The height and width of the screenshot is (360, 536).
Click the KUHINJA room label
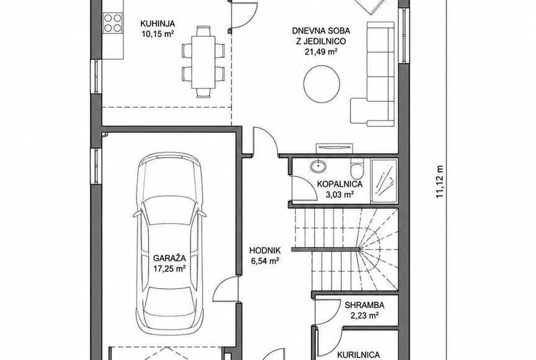tap(158, 24)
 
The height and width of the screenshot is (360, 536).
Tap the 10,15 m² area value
tap(158, 34)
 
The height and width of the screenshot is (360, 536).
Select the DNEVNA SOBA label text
tap(321, 31)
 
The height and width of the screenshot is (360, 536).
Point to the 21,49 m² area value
tap(321, 52)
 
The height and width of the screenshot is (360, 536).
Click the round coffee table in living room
tap(322, 83)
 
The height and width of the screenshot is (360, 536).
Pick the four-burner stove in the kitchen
tap(113, 22)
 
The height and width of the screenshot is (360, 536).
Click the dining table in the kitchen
tap(203, 62)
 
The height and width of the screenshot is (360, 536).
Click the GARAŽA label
tap(169, 258)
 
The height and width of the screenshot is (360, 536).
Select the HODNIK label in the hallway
tap(265, 250)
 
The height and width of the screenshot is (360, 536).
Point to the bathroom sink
tap(318, 166)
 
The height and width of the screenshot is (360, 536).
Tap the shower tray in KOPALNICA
tap(384, 181)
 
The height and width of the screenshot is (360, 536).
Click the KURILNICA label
tap(359, 355)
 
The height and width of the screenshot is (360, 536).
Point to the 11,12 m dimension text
tap(440, 182)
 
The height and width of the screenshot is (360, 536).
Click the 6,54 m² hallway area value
tap(266, 261)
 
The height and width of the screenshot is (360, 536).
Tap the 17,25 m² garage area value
tap(169, 269)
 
